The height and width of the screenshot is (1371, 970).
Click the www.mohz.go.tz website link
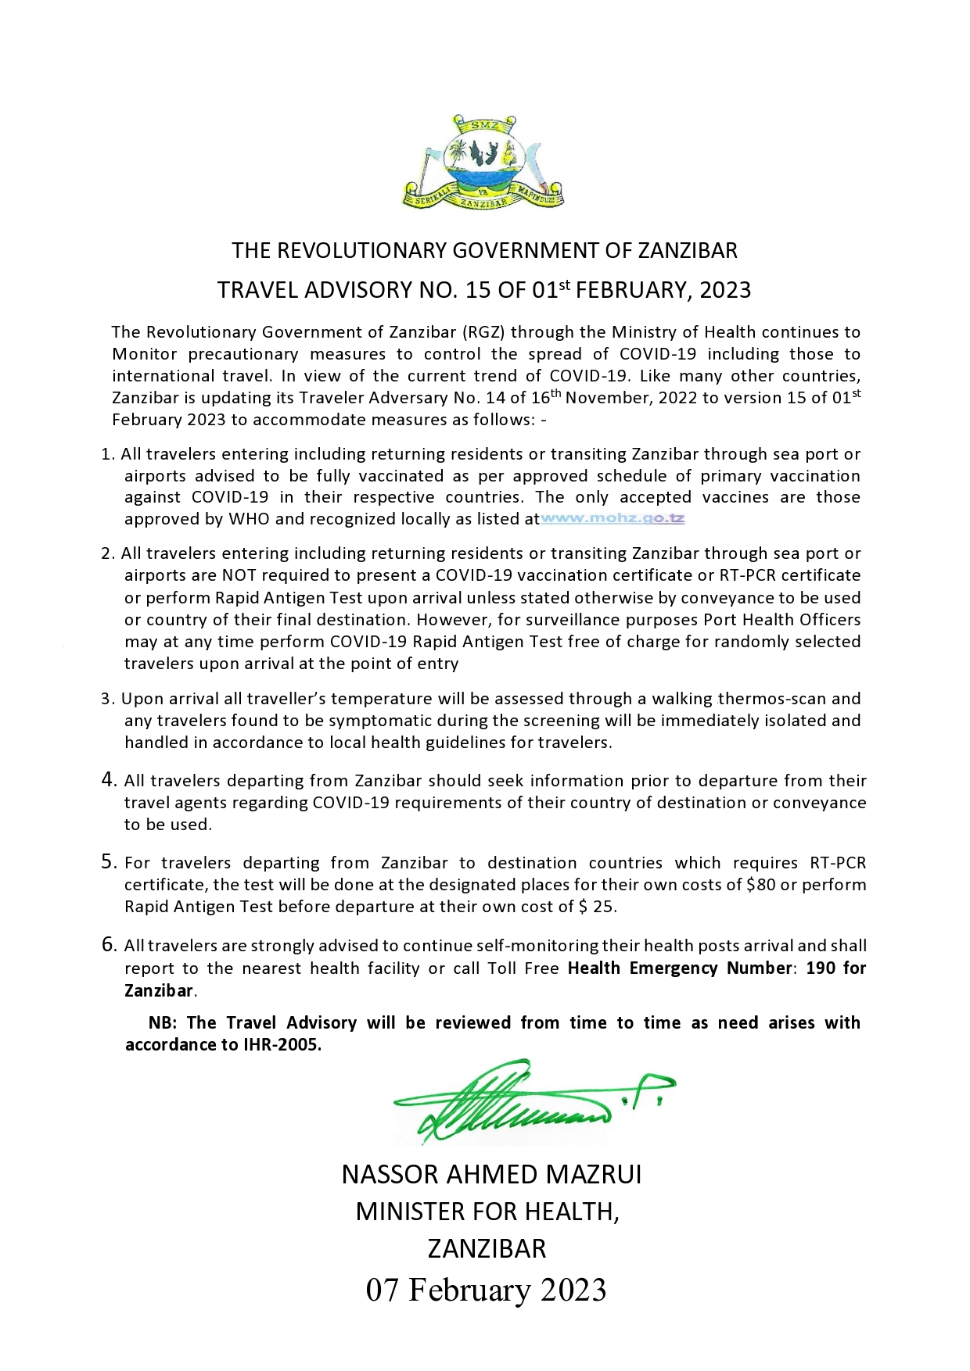613,519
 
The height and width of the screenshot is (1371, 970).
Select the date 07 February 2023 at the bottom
486,1290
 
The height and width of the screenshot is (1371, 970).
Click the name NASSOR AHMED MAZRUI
491,1174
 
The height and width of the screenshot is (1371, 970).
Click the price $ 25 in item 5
596,907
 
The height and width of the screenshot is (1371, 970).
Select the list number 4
109,779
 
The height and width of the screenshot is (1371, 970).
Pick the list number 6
109,944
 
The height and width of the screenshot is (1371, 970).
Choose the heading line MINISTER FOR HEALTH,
487,1212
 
